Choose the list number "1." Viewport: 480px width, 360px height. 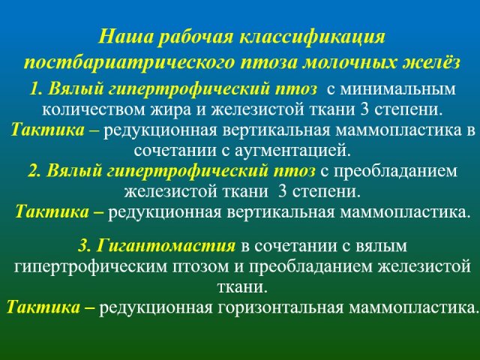tap(37, 89)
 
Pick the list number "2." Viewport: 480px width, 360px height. tap(35, 170)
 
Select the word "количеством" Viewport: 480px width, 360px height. tap(94, 109)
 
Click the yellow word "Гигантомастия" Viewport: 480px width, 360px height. tap(166, 246)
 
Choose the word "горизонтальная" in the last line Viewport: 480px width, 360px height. tap(280, 307)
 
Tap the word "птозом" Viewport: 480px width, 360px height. tap(201, 267)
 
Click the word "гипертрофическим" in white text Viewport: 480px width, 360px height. tap(91, 267)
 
